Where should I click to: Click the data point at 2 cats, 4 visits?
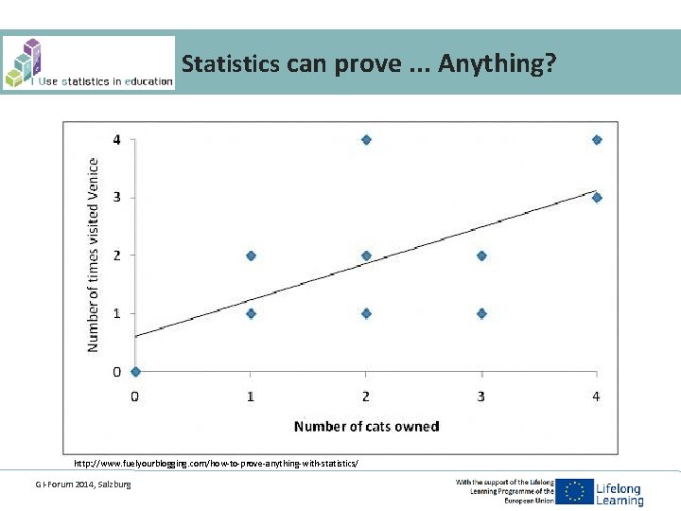[366, 140]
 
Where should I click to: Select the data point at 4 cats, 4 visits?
[597, 140]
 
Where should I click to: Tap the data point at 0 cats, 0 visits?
[135, 372]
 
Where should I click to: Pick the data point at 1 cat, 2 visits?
[251, 255]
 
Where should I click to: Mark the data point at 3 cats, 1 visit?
[481, 313]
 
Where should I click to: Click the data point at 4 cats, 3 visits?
[597, 198]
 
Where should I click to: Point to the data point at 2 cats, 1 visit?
[366, 313]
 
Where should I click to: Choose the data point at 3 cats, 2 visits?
[481, 255]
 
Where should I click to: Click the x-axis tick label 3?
[481, 396]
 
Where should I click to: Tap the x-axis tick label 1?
[251, 396]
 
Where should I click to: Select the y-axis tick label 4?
[116, 140]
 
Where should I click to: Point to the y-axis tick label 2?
[116, 255]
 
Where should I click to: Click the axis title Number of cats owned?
[366, 427]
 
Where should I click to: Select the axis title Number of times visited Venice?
[93, 255]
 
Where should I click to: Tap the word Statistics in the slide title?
[230, 64]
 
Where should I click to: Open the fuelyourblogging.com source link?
[217, 464]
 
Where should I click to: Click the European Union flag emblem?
[573, 491]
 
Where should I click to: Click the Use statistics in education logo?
[88, 63]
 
